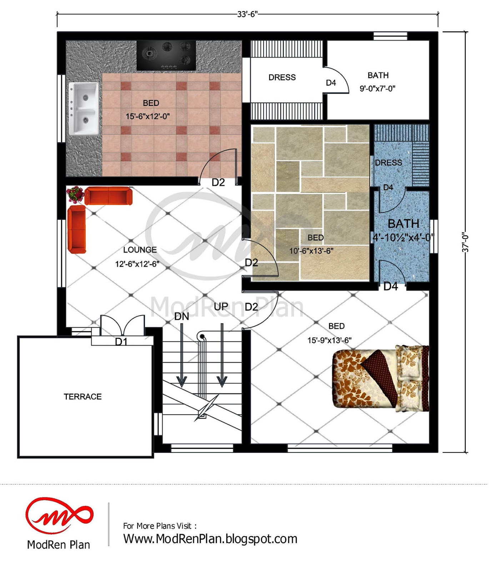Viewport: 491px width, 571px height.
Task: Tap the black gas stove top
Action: (166, 55)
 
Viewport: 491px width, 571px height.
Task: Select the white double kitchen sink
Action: (84, 108)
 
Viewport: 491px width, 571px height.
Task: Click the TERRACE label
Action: (83, 396)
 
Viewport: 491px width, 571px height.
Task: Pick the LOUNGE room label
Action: (140, 250)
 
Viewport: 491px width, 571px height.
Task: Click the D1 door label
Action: (121, 342)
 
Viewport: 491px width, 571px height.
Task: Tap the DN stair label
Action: (182, 316)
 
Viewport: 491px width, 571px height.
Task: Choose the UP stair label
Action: (221, 307)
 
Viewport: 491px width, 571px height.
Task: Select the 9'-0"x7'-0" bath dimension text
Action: (377, 89)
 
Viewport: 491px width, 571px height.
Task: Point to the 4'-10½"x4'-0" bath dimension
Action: (403, 237)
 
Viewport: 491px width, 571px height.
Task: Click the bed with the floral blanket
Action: (381, 378)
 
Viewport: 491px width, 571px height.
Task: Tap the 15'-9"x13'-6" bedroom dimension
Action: (330, 340)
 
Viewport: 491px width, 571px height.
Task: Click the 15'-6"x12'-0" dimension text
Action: (147, 116)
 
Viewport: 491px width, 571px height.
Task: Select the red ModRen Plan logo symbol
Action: (59, 516)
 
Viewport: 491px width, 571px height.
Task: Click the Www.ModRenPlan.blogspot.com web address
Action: (210, 539)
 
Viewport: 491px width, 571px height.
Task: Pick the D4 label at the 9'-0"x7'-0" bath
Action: (331, 83)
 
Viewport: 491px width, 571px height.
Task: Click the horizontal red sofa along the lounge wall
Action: (109, 196)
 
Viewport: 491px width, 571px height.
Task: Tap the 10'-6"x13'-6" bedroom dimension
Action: (311, 251)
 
